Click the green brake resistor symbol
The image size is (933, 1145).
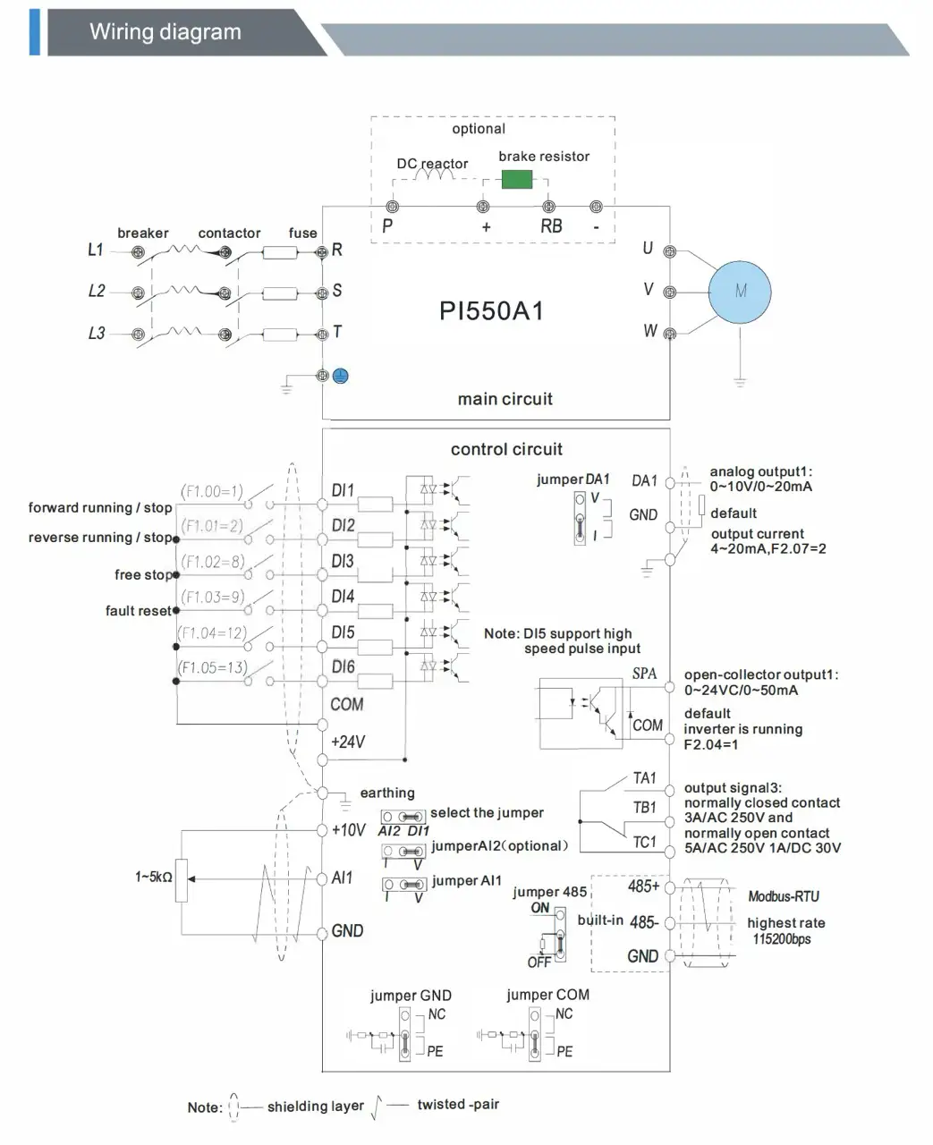(517, 179)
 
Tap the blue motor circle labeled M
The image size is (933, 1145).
(740, 292)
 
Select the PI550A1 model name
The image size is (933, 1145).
(491, 311)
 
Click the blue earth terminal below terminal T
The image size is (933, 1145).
(340, 376)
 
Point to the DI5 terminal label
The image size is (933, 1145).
(343, 632)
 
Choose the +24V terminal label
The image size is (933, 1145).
(347, 742)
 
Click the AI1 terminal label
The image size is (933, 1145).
(343, 878)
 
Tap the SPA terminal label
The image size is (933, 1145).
(644, 674)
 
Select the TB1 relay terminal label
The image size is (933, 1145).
(644, 807)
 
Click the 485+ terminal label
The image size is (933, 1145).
(643, 886)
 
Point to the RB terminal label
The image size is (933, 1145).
(551, 227)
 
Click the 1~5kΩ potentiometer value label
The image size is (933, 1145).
(154, 878)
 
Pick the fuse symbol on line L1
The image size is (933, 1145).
(280, 253)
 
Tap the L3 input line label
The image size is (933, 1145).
(96, 333)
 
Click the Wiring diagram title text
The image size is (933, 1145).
(165, 33)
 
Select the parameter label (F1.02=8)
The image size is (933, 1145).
(212, 562)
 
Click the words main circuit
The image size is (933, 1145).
(505, 399)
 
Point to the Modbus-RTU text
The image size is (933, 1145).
(783, 896)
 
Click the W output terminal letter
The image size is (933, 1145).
(650, 331)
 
